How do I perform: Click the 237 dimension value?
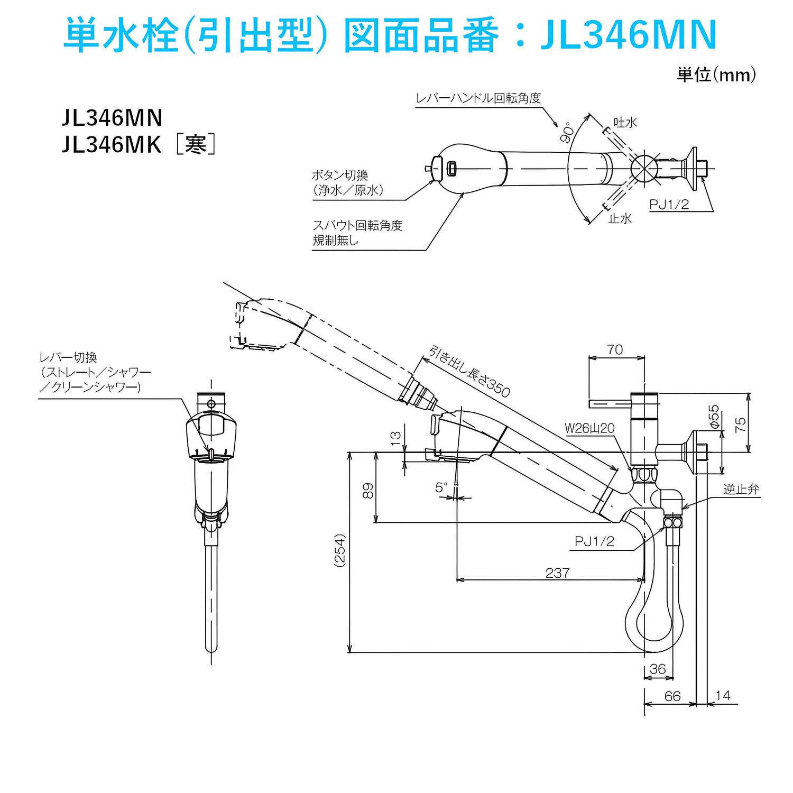coord(557,573)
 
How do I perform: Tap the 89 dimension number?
coord(368,491)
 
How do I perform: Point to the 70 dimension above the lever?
coord(615,349)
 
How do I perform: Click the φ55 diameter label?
coord(714,416)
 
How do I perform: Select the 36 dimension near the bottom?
coord(658,669)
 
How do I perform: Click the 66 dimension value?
coord(672,696)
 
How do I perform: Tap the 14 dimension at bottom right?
coord(723,695)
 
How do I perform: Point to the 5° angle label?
coord(441,487)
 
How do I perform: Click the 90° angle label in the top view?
coord(567,132)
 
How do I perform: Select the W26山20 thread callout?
coord(589,428)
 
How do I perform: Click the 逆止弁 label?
coord(741,490)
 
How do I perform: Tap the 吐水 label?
coord(625,123)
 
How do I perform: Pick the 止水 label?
coord(620,218)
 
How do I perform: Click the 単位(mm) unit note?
coord(716,75)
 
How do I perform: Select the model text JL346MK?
coord(112,144)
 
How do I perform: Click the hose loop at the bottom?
coord(650,629)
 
